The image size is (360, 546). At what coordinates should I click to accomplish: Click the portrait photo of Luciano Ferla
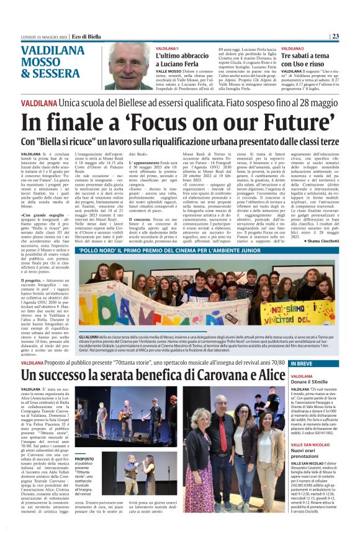coord(128,66)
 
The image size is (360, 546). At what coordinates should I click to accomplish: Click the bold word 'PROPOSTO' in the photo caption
coord(84,459)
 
